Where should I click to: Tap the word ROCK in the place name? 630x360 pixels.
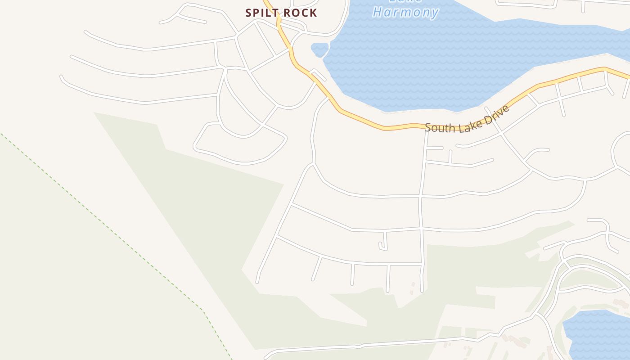coord(300,13)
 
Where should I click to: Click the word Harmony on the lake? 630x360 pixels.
coord(406,12)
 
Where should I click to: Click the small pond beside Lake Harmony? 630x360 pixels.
coord(319,49)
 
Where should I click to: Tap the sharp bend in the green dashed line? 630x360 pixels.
coord(203,310)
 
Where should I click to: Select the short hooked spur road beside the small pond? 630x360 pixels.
coord(319,74)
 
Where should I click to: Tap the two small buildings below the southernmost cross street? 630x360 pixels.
coord(413,288)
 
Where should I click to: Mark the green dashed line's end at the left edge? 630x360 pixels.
coord(2,134)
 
